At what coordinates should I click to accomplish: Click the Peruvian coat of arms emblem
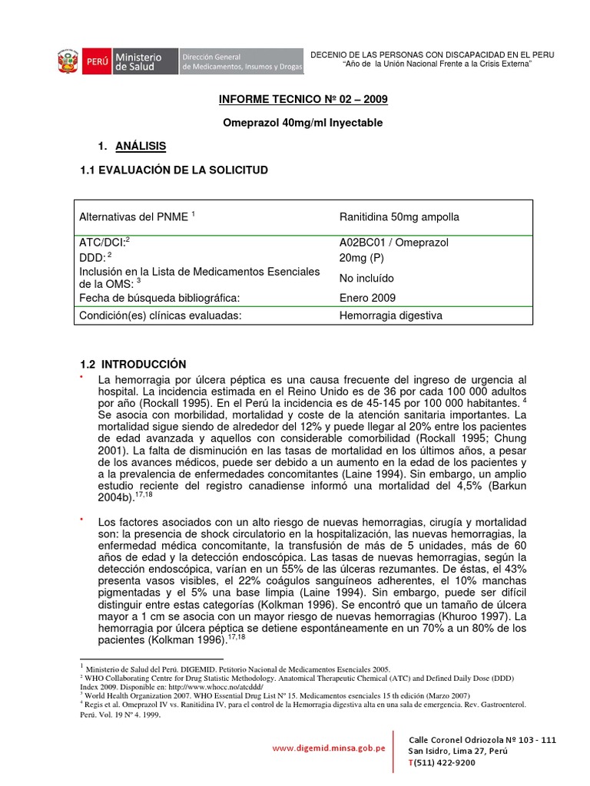68,62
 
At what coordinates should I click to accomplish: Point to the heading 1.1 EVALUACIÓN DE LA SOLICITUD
174,170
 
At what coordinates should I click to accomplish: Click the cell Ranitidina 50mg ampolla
399,217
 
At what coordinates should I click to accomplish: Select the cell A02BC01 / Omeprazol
394,243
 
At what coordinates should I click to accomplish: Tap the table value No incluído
366,279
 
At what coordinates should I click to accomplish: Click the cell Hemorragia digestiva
391,315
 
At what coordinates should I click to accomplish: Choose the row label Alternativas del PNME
134,217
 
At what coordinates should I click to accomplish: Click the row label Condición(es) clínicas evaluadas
160,315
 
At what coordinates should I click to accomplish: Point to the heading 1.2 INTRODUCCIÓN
134,364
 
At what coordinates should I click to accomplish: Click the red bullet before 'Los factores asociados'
81,520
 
